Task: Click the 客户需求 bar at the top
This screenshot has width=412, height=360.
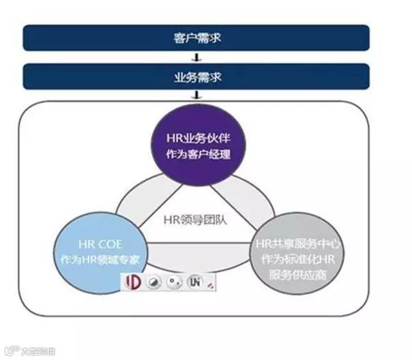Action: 196,37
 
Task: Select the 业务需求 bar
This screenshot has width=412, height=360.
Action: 196,76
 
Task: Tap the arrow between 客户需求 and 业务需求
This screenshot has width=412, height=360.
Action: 196,57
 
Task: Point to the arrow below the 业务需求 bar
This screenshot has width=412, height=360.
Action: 196,95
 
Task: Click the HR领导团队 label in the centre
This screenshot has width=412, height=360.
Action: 198,220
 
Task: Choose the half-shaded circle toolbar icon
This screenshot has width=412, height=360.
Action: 155,282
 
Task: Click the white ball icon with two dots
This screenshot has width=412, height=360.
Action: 175,282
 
